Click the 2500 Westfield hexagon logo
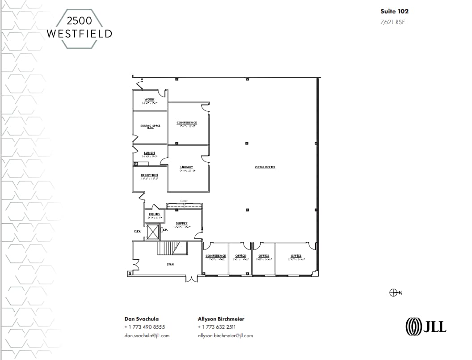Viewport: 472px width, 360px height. click(x=79, y=28)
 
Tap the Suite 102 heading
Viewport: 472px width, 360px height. click(x=394, y=11)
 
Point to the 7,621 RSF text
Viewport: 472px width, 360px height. click(x=392, y=21)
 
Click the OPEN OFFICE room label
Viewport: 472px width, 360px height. click(x=265, y=167)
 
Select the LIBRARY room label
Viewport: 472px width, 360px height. click(x=186, y=167)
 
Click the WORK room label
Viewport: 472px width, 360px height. click(x=149, y=99)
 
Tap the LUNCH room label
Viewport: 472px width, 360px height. click(x=149, y=153)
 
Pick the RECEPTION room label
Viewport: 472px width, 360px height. click(x=149, y=175)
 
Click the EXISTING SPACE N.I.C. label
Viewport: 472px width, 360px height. click(x=150, y=127)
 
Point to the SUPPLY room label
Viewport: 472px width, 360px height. click(x=181, y=223)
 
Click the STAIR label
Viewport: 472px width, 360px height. click(x=170, y=264)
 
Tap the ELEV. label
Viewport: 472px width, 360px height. click(x=138, y=231)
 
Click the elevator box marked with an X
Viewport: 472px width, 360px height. click(x=153, y=232)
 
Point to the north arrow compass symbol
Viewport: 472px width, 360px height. click(x=395, y=292)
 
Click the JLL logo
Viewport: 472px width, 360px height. click(x=426, y=326)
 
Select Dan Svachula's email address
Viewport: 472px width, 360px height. click(x=147, y=335)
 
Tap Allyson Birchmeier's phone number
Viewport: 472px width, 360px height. click(x=217, y=327)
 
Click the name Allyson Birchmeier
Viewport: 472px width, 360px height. click(x=221, y=319)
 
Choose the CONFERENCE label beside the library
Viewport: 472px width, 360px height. click(x=186, y=123)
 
